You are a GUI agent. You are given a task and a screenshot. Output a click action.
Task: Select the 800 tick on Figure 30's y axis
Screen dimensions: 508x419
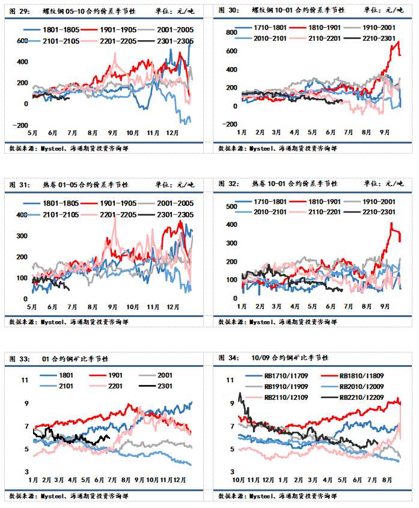pyautogui.click(x=228, y=32)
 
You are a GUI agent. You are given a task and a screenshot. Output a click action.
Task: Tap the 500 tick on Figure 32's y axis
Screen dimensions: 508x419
pyautogui.click(x=228, y=207)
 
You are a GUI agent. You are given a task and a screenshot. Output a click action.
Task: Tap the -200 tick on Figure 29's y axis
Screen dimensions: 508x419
pyautogui.click(x=21, y=125)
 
